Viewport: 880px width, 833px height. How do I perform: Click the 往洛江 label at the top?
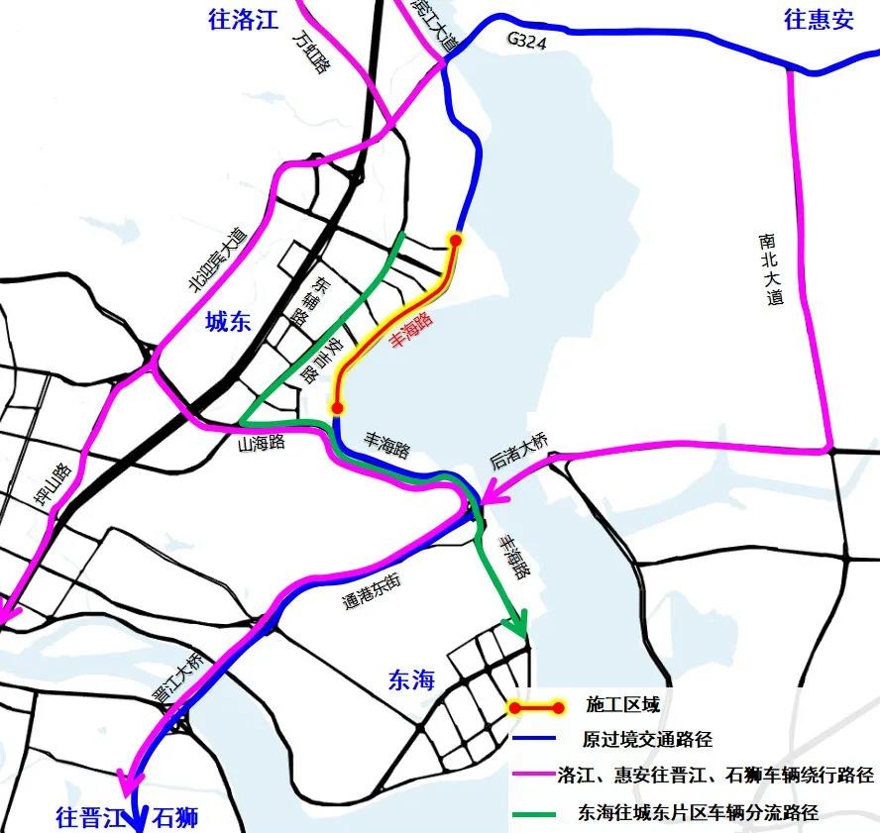click(x=244, y=19)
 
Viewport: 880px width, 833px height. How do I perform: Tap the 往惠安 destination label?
click(x=819, y=19)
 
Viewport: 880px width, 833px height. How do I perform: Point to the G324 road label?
click(x=525, y=41)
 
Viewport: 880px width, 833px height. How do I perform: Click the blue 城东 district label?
click(x=229, y=321)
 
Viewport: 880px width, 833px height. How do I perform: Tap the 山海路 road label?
click(x=262, y=443)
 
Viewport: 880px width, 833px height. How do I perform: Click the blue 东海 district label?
click(x=411, y=679)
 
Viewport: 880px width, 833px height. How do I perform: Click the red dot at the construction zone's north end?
click(x=456, y=240)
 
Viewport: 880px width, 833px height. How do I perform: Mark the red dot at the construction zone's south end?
click(x=337, y=407)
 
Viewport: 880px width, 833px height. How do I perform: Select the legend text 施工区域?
click(x=622, y=705)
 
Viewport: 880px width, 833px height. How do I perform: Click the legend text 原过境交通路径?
click(x=647, y=740)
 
